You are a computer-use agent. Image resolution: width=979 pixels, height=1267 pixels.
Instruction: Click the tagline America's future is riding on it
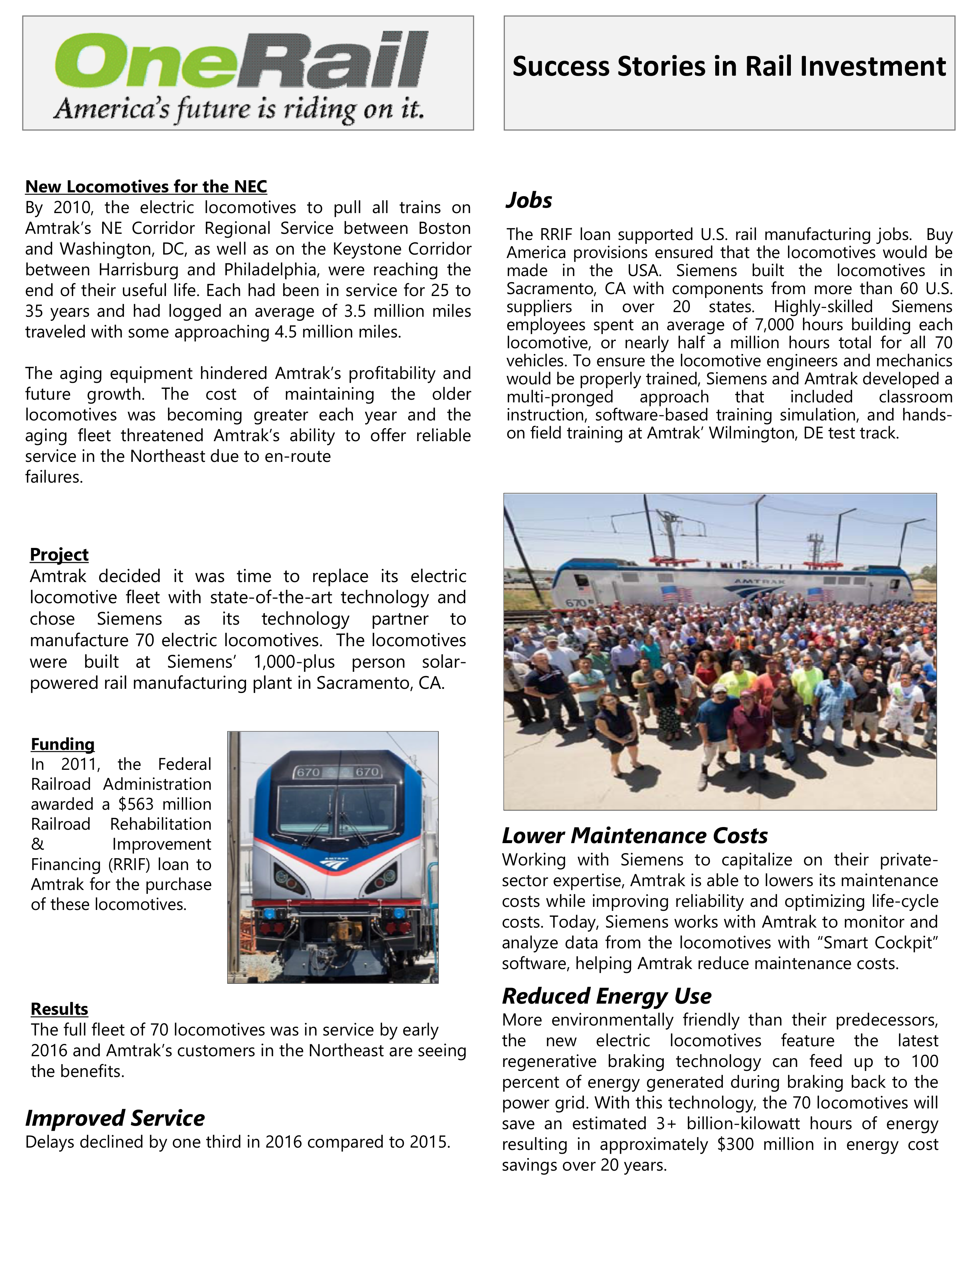[x=238, y=109]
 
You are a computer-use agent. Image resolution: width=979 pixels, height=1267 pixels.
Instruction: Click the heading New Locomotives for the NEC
[x=146, y=187]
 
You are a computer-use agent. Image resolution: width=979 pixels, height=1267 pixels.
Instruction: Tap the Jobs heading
[x=528, y=200]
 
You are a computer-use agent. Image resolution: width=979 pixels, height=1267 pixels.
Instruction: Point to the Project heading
[x=59, y=555]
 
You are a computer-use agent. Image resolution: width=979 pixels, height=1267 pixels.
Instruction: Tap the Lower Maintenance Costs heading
[x=635, y=835]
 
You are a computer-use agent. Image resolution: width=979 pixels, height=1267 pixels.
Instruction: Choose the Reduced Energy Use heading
[x=606, y=996]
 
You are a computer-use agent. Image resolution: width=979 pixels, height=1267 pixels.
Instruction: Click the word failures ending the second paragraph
[x=54, y=477]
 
